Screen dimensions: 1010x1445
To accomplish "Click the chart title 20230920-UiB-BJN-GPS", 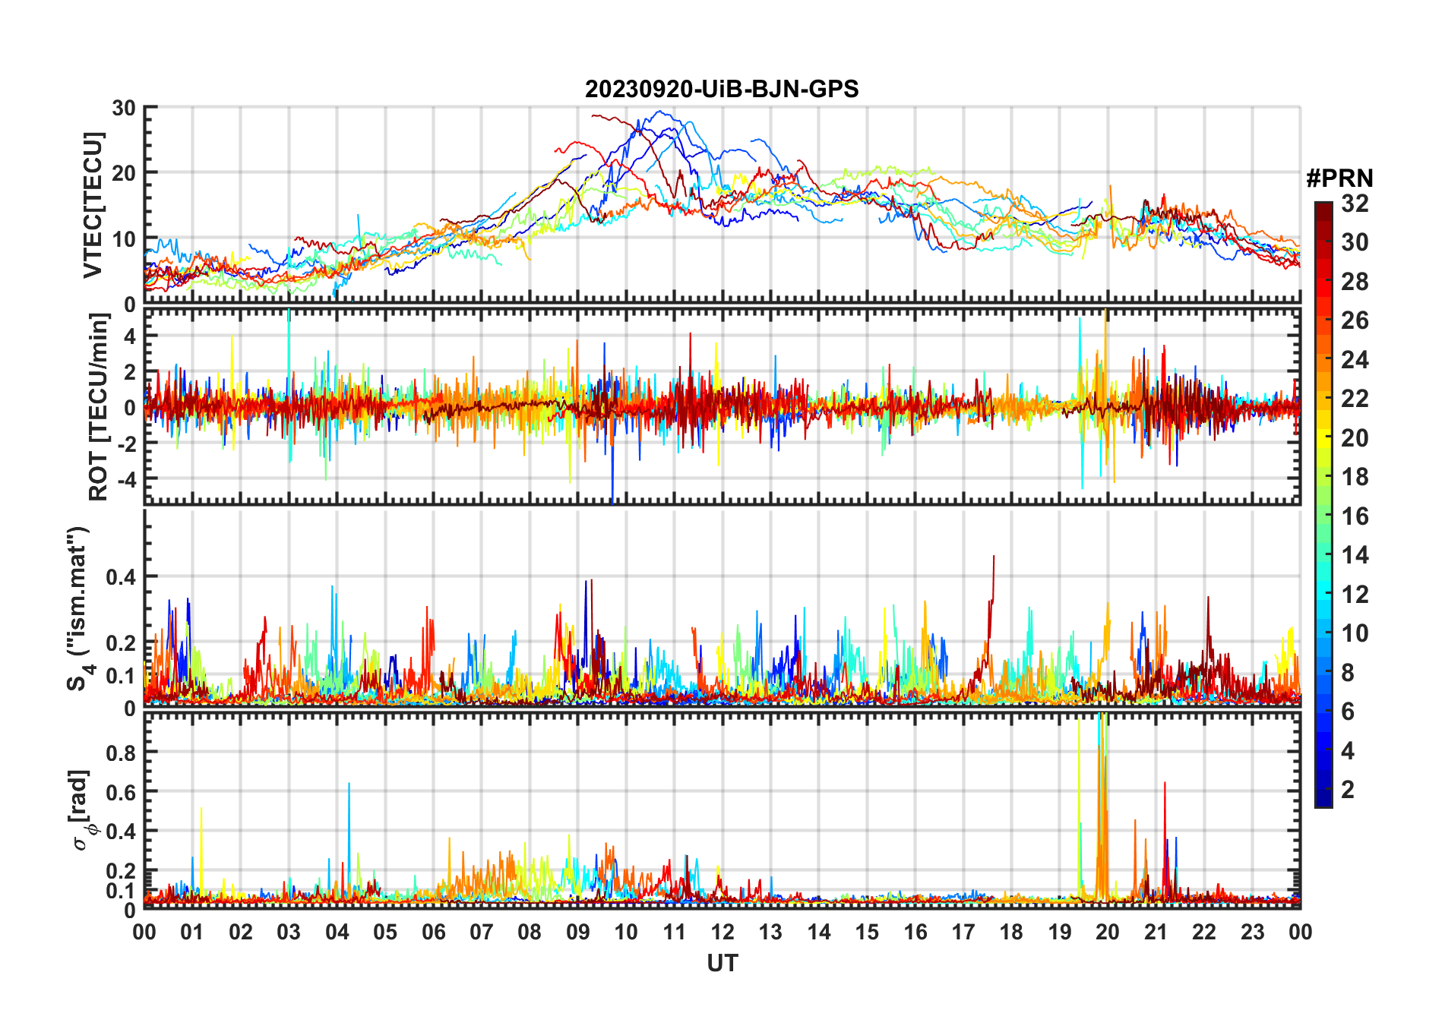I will pyautogui.click(x=722, y=90).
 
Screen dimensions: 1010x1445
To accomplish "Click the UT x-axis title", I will pyautogui.click(x=722, y=964).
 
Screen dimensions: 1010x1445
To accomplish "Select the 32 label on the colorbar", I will pyautogui.click(x=1355, y=204).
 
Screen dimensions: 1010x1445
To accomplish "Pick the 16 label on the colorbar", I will pyautogui.click(x=1355, y=516).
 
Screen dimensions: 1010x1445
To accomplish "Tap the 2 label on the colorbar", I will pyautogui.click(x=1348, y=790).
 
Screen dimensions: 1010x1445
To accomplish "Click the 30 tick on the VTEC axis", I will pyautogui.click(x=124, y=108).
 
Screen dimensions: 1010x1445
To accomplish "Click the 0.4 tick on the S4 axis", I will pyautogui.click(x=121, y=577).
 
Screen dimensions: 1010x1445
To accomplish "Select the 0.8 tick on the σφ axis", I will pyautogui.click(x=121, y=753).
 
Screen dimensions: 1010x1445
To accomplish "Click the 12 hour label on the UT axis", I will pyautogui.click(x=722, y=933).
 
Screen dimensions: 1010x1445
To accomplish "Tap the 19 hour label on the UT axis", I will pyautogui.click(x=1060, y=933).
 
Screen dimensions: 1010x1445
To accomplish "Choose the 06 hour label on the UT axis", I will pyautogui.click(x=433, y=933).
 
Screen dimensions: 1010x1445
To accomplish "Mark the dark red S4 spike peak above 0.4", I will pyautogui.click(x=993, y=557).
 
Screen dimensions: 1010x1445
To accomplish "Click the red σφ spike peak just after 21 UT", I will pyautogui.click(x=1165, y=784).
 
